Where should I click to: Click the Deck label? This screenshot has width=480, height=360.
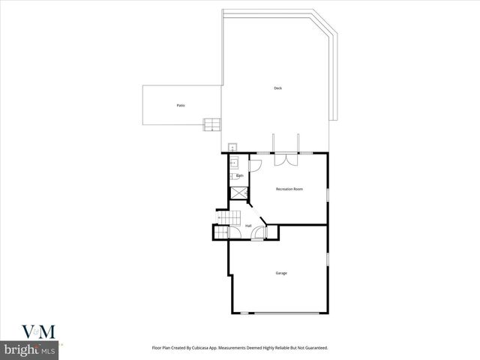point(277,88)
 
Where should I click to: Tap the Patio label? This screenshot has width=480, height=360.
point(181,105)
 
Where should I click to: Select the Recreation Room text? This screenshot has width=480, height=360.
point(289,189)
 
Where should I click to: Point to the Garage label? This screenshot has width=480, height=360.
point(280,273)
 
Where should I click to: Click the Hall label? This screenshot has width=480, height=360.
point(248,225)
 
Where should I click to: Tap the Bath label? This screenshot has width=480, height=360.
point(239,175)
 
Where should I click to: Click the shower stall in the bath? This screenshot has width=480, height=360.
point(238,193)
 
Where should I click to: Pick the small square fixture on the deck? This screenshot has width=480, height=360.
point(232,147)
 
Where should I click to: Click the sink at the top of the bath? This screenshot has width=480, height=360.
point(233,161)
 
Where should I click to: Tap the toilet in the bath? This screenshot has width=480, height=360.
point(233,176)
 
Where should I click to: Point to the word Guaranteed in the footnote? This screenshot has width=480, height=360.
point(313,348)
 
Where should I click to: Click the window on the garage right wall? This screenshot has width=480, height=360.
point(328,259)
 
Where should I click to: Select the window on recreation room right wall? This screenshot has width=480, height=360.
point(328,195)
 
